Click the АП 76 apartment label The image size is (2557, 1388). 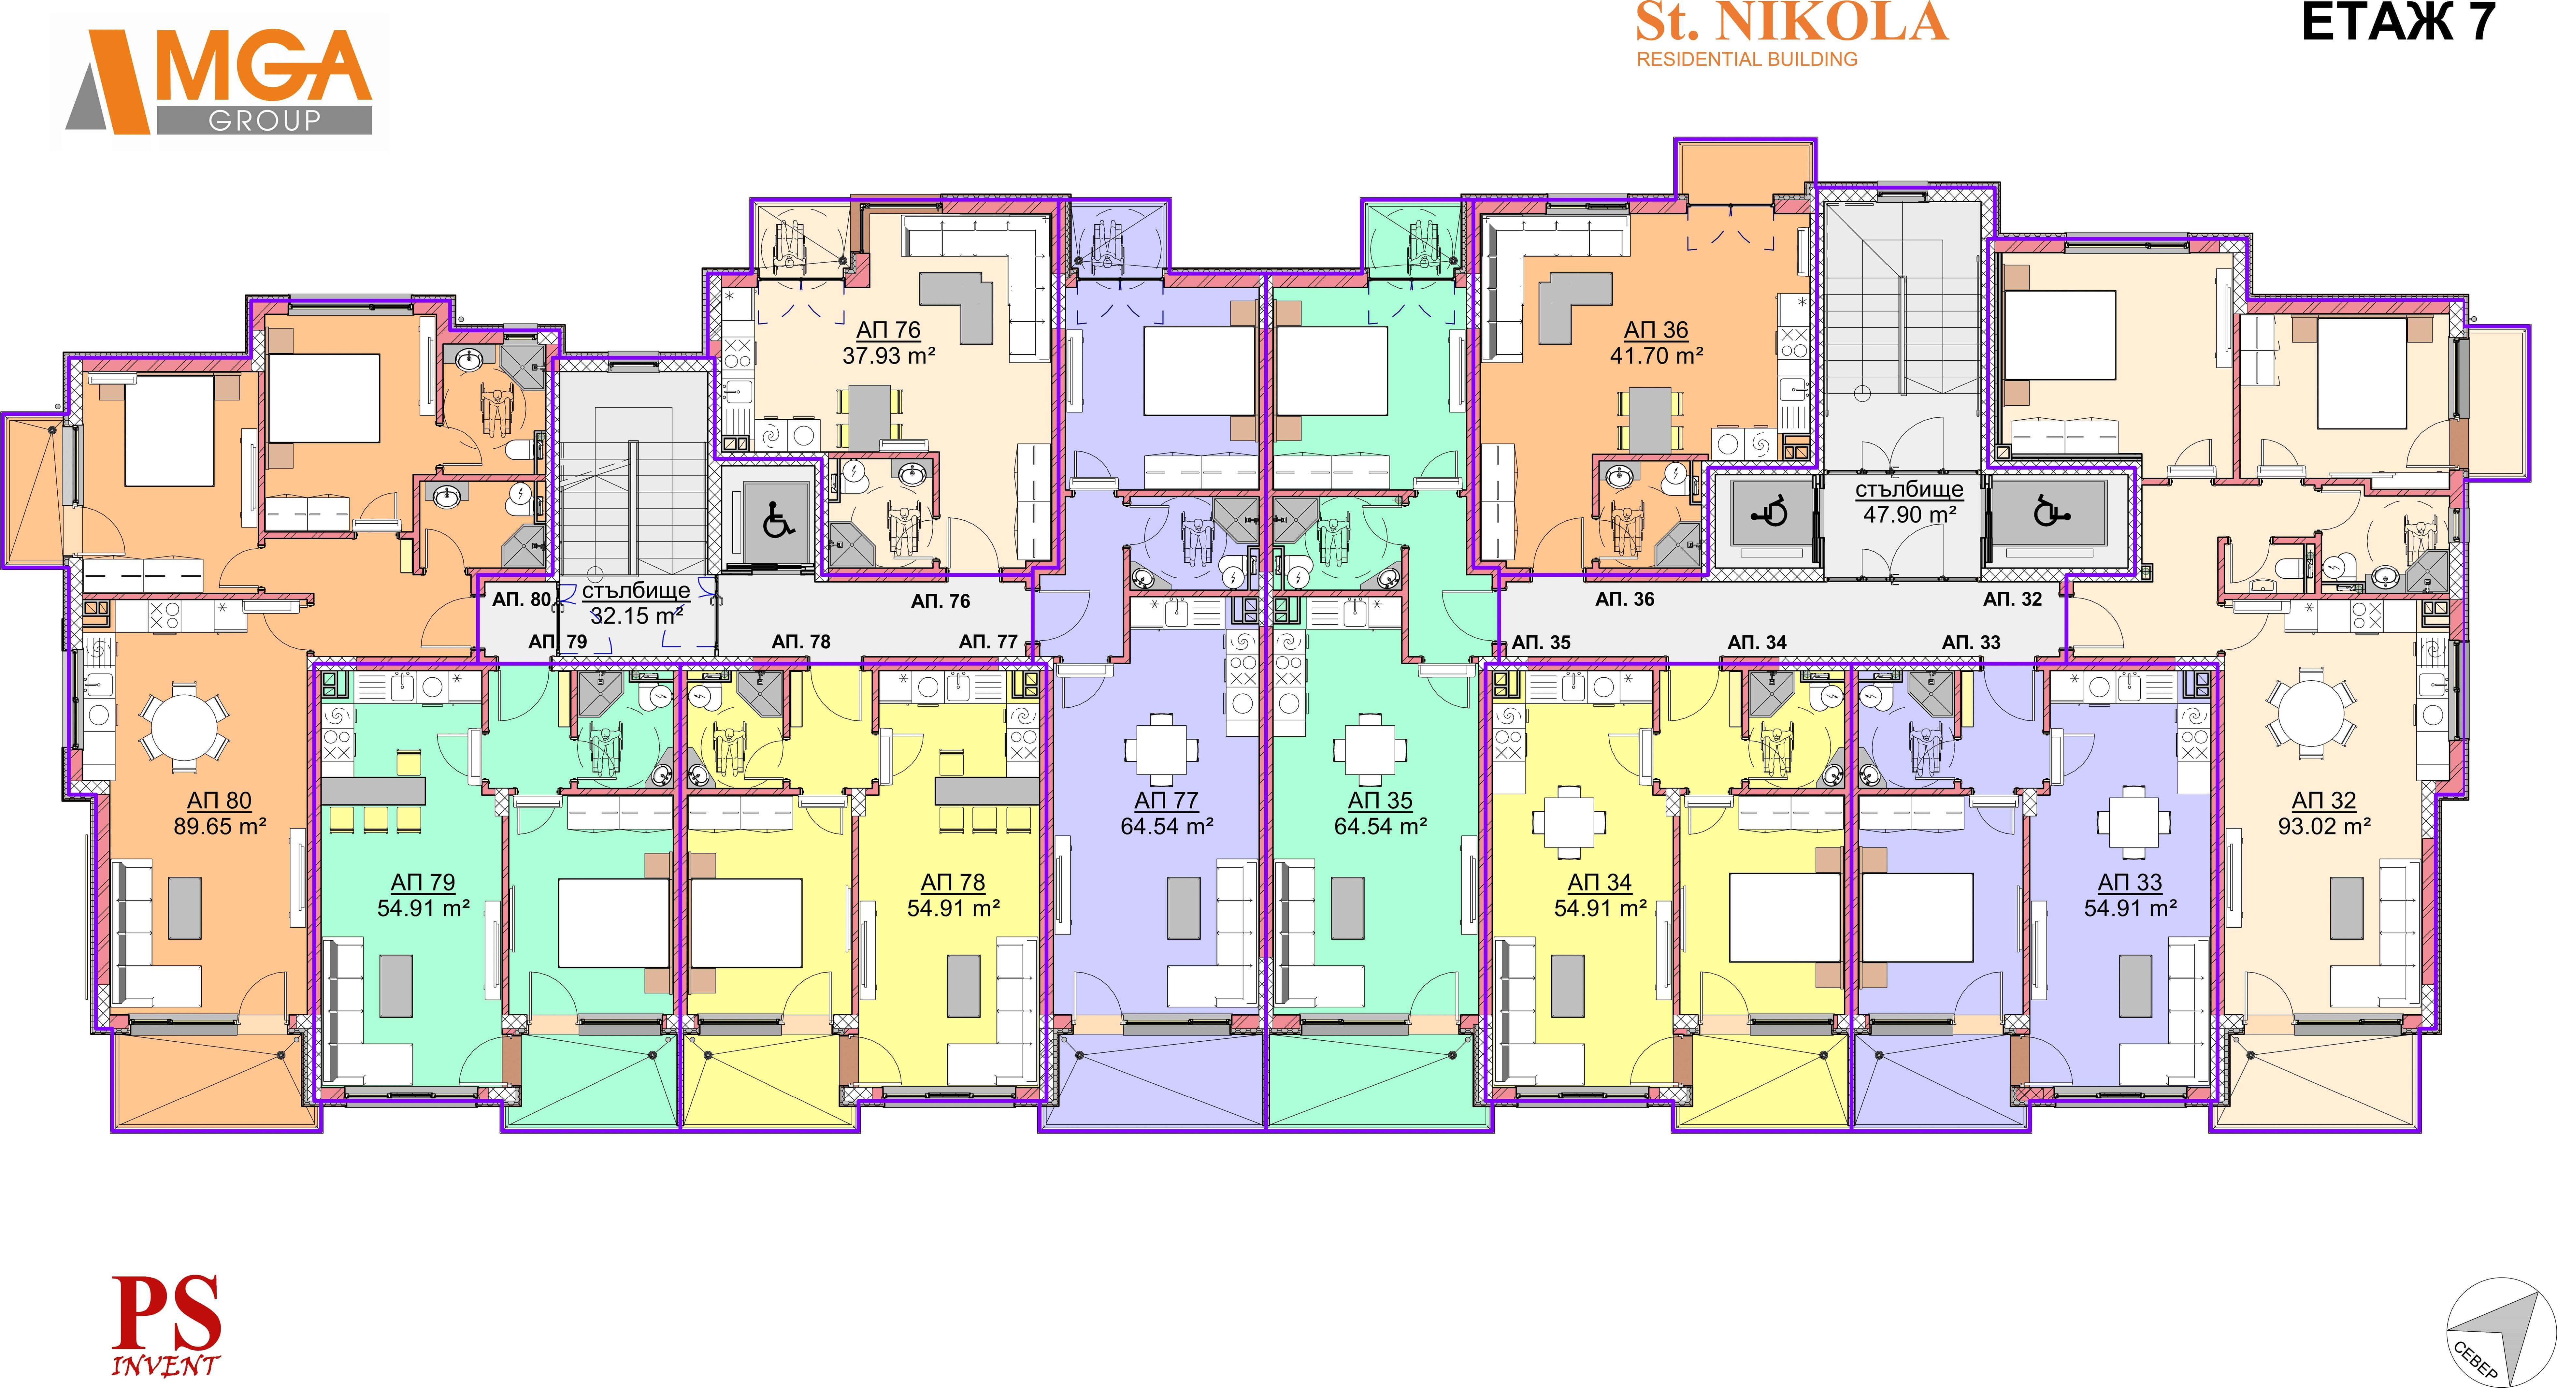click(888, 330)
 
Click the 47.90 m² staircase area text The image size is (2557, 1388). click(1909, 514)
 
